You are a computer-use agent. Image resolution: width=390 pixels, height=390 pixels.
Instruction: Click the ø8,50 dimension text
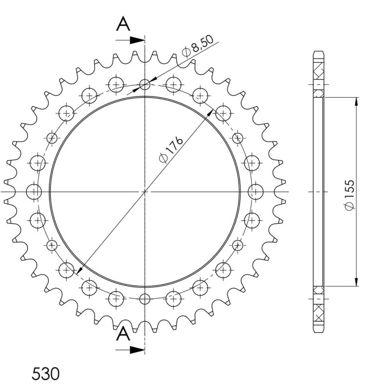tap(198, 49)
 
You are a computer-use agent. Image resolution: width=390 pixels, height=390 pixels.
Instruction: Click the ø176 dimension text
tap(171, 150)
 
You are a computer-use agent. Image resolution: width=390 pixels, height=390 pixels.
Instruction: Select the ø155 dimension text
tap(350, 195)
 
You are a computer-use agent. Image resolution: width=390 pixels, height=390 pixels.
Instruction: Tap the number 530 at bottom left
tap(46, 374)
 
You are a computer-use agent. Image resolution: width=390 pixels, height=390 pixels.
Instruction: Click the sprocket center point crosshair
tap(145, 192)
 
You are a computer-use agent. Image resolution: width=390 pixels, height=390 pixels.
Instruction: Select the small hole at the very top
tap(145, 85)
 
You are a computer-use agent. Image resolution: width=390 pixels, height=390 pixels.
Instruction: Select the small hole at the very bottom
tap(145, 298)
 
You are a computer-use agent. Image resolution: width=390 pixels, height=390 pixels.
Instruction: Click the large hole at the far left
tap(34, 192)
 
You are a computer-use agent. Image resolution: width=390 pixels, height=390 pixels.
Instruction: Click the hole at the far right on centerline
tap(255, 192)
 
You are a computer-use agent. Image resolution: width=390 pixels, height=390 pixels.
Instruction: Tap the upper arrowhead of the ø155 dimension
tap(357, 101)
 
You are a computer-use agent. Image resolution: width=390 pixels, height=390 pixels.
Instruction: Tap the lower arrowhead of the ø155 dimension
tap(357, 282)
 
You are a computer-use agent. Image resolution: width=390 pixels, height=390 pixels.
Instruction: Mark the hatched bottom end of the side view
tap(318, 312)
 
